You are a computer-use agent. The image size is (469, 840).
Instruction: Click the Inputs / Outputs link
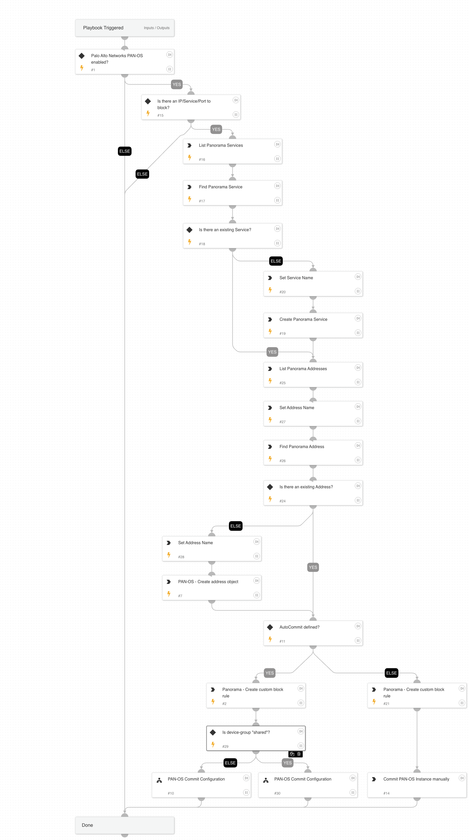click(157, 28)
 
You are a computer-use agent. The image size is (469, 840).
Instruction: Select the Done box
click(124, 825)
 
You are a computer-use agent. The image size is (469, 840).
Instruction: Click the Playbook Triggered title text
click(103, 28)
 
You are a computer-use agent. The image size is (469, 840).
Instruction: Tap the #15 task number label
click(160, 115)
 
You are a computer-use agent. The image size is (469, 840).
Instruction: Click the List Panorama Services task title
click(221, 145)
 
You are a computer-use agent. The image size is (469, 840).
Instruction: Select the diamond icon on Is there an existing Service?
click(189, 230)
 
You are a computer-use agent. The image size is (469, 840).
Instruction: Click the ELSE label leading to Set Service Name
click(276, 261)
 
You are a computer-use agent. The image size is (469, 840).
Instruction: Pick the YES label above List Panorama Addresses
click(272, 352)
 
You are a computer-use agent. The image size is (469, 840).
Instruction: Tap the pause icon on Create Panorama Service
click(358, 333)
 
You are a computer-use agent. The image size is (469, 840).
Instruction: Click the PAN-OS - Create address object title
click(208, 582)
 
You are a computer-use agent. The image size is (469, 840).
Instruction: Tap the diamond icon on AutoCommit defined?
click(270, 627)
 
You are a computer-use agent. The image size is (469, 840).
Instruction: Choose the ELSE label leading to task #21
click(391, 673)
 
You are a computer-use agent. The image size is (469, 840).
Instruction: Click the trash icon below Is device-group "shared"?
click(299, 754)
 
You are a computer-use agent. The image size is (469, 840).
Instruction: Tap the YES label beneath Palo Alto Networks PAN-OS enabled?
click(176, 85)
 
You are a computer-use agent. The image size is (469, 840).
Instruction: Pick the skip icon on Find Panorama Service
click(277, 186)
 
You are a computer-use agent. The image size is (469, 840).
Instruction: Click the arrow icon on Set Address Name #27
click(270, 408)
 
